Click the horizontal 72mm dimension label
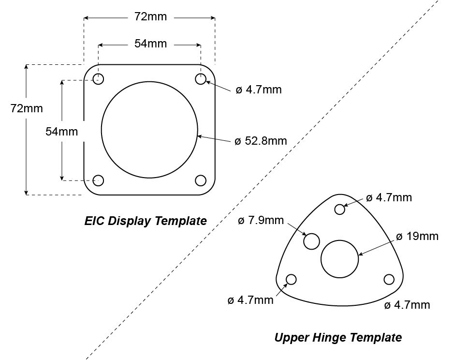pos(150,17)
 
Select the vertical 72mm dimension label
pos(27,108)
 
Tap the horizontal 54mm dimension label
pos(150,44)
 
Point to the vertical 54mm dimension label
pos(61,131)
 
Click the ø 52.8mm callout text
pos(261,141)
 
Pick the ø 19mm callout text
pos(417,236)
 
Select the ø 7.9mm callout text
pos(261,221)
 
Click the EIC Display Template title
pos(146,221)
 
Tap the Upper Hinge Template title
pos(338,337)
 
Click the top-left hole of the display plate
pos(99,79)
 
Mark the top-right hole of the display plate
pos(201,79)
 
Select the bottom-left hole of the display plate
pos(99,180)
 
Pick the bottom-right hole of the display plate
pos(201,180)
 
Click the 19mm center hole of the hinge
pos(339,258)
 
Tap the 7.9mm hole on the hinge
pos(312,240)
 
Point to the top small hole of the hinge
pos(340,209)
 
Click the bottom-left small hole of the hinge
pos(292,279)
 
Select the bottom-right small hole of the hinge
pos(389,279)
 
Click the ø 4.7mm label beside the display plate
pos(259,90)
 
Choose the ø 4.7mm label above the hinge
pos(389,197)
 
